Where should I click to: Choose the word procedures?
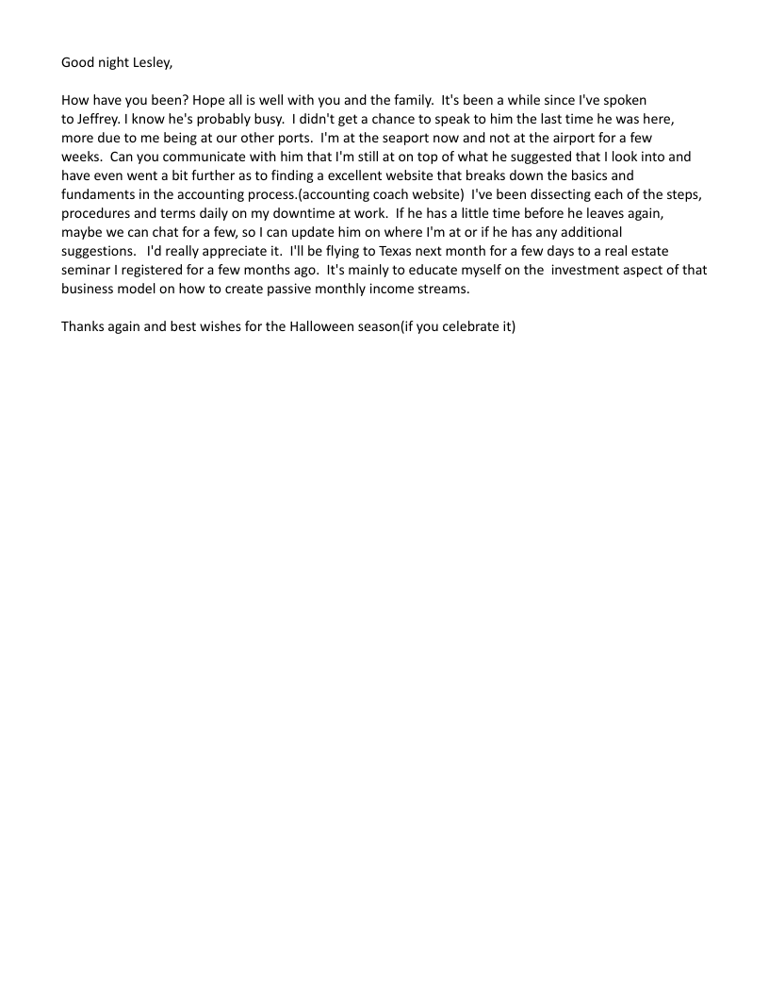point(98,213)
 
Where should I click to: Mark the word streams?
point(443,290)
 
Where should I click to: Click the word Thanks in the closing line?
point(82,327)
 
